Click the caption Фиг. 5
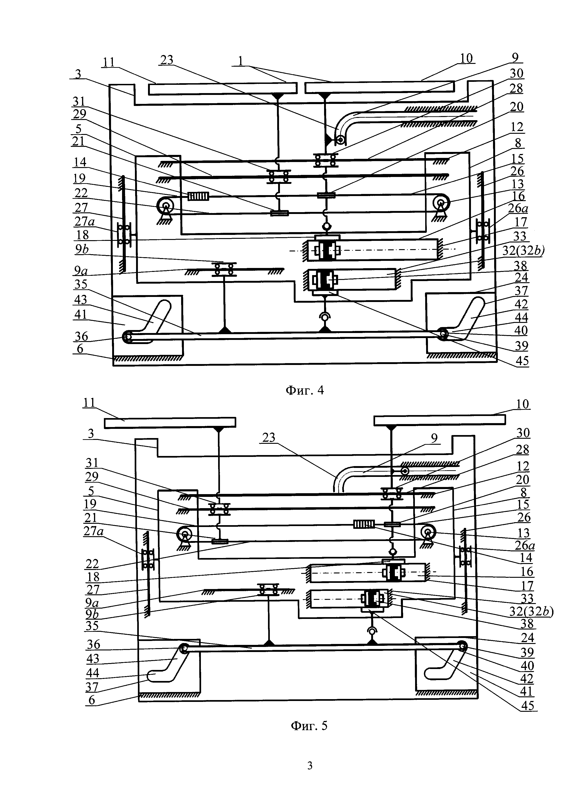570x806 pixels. [x=309, y=725]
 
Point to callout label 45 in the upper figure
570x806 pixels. [x=522, y=361]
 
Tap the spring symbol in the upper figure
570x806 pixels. [x=198, y=196]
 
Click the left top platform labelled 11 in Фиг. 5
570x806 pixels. [x=170, y=422]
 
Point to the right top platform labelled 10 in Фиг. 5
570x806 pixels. [x=439, y=420]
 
